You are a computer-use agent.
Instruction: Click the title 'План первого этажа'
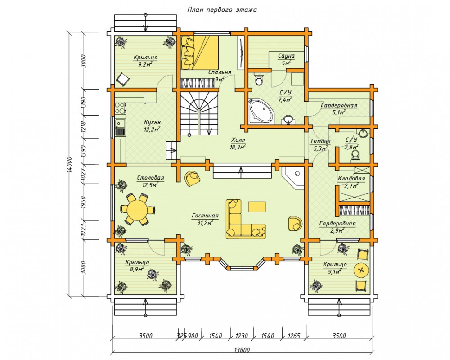[222, 10]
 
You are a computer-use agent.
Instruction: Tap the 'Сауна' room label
[286, 56]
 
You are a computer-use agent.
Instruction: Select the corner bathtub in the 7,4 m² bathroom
[261, 111]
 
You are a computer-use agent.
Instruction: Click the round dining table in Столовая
[137, 209]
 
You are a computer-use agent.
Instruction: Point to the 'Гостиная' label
[205, 216]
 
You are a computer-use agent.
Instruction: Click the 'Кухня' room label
[153, 122]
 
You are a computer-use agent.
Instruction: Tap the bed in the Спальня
[200, 52]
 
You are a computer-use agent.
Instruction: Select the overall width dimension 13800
[242, 350]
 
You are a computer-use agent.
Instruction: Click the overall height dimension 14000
[71, 164]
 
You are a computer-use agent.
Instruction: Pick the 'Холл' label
[238, 140]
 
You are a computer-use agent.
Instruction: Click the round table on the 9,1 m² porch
[362, 270]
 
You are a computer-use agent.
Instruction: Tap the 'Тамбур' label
[320, 141]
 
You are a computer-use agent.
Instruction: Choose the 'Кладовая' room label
[351, 179]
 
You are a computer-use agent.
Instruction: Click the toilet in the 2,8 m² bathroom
[355, 155]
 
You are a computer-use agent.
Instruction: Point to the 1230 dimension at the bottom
[242, 336]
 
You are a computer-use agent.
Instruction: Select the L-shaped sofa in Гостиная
[246, 219]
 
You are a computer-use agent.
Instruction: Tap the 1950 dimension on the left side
[84, 202]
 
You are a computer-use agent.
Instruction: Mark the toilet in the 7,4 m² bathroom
[259, 79]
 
